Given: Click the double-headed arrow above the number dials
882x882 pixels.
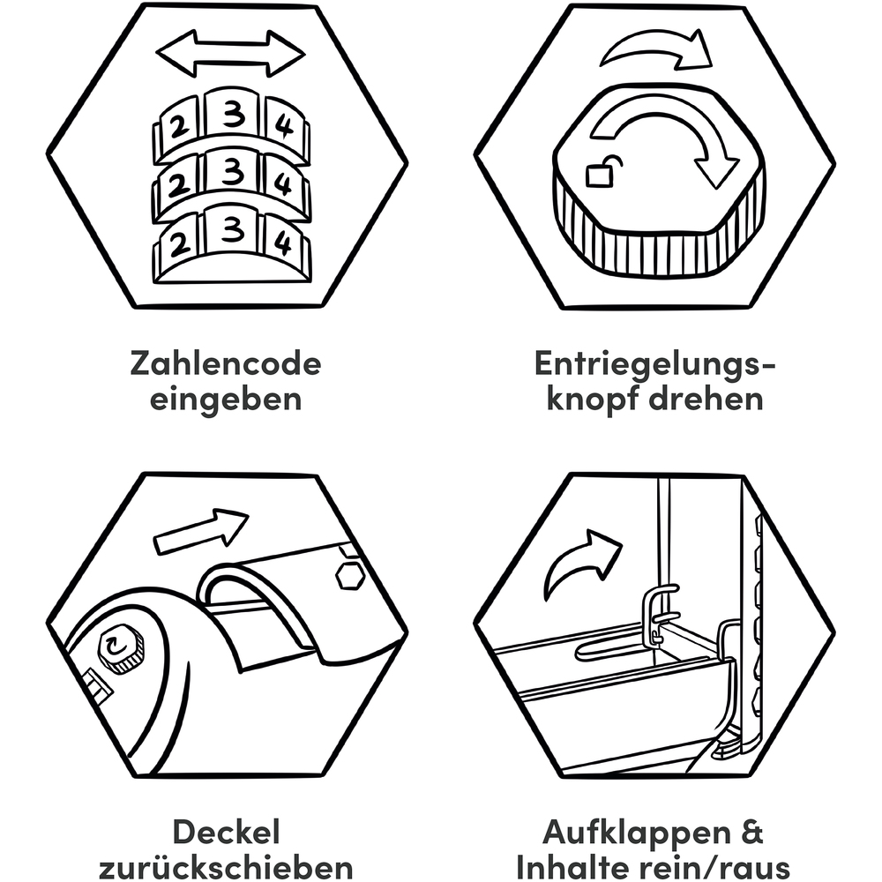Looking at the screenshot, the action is point(230,55).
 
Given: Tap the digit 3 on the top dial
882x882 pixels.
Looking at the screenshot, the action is point(233,114).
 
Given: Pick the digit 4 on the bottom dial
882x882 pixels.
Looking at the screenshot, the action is point(283,243).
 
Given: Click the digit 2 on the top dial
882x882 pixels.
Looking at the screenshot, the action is point(179,128).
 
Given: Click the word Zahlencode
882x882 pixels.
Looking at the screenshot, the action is point(226,363).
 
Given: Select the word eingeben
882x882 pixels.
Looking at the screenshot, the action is point(226,400).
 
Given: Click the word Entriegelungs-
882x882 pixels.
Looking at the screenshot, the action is point(654,364).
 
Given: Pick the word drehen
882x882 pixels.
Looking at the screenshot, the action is point(706,399).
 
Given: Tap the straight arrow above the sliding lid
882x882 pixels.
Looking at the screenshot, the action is point(200,531).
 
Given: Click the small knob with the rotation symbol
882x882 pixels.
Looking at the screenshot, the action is point(118,649).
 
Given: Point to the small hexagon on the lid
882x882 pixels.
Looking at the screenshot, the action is point(350,575).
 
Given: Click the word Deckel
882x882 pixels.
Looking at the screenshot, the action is point(226,832).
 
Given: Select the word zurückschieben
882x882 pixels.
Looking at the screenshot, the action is point(226,866).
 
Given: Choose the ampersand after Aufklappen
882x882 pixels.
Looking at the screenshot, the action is point(751,832).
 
